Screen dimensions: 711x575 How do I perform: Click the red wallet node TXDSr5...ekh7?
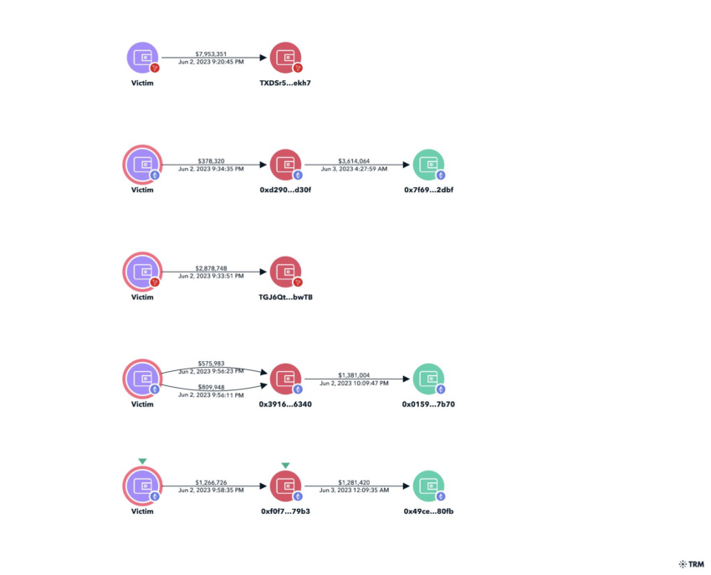286,58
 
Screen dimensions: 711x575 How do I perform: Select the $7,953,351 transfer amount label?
211,54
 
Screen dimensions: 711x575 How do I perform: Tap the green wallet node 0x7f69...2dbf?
429,165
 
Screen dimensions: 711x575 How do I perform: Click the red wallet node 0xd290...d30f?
286,165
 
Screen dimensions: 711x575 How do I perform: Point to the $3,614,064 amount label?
354,160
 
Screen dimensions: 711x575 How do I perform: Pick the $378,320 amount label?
211,160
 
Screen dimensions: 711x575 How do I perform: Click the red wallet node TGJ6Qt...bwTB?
286,272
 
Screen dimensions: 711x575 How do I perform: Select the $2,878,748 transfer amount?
211,268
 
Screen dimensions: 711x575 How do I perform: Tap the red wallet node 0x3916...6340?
286,379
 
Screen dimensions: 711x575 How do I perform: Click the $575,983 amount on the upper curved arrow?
211,364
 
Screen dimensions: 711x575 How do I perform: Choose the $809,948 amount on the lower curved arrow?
211,387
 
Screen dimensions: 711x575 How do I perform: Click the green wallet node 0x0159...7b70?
429,379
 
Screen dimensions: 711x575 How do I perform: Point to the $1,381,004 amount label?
354,375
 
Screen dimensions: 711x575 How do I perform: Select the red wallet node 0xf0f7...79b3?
286,486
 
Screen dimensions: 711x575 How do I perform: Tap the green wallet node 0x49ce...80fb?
429,486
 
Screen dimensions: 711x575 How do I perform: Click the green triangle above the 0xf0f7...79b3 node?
285,466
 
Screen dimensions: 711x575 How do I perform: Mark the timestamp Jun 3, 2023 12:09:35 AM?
354,490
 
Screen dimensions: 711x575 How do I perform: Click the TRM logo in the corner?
692,564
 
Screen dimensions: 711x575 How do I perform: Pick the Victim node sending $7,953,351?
143,58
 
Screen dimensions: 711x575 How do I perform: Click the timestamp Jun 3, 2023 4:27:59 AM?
354,169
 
